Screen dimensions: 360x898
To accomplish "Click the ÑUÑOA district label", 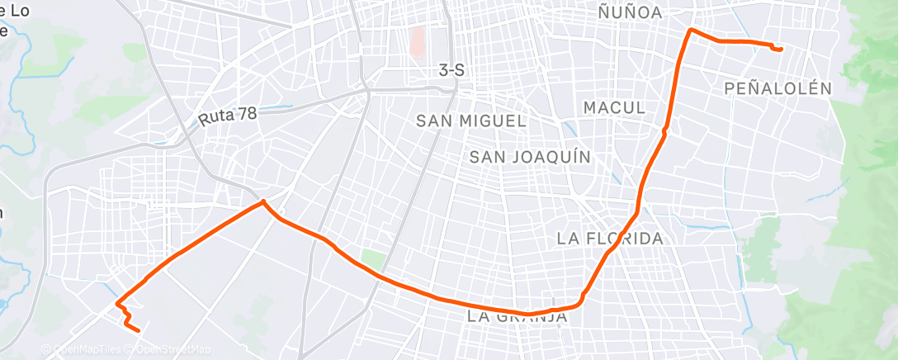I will pos(631,12).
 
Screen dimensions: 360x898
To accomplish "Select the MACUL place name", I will pos(613,107).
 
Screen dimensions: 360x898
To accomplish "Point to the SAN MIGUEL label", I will pos(470,121).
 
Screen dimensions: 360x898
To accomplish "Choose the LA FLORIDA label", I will pos(610,239).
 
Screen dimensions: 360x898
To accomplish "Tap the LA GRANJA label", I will pos(518,316).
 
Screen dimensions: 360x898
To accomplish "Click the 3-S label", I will pos(451,71).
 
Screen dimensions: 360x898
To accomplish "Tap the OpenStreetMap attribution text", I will pos(168,349).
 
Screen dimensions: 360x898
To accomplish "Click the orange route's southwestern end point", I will pos(138,331).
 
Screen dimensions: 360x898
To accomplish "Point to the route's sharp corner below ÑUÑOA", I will pos(690,30).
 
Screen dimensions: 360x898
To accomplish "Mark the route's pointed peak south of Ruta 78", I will pos(262,201).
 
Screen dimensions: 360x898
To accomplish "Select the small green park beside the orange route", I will pos(374,259).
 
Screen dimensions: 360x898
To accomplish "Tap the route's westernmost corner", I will pos(117,302).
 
